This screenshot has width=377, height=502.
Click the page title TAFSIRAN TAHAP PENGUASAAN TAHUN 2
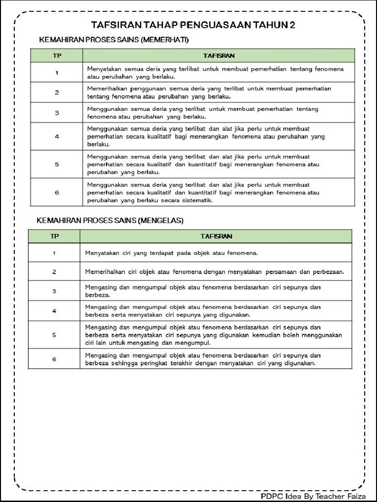(x=193, y=25)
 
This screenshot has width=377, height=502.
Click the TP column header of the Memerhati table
(x=56, y=55)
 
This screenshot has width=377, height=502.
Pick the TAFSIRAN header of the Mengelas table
(x=216, y=236)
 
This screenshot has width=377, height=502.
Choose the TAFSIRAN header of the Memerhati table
(x=218, y=55)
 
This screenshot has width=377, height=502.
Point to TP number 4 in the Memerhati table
(x=56, y=136)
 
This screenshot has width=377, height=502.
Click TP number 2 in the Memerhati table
(x=56, y=92)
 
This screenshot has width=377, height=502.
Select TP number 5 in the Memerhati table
(x=56, y=164)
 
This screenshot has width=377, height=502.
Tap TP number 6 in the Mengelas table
(x=54, y=359)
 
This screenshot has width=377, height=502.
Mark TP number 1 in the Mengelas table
(x=54, y=253)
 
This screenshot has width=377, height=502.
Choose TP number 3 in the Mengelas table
(x=54, y=291)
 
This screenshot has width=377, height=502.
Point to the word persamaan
(x=281, y=272)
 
